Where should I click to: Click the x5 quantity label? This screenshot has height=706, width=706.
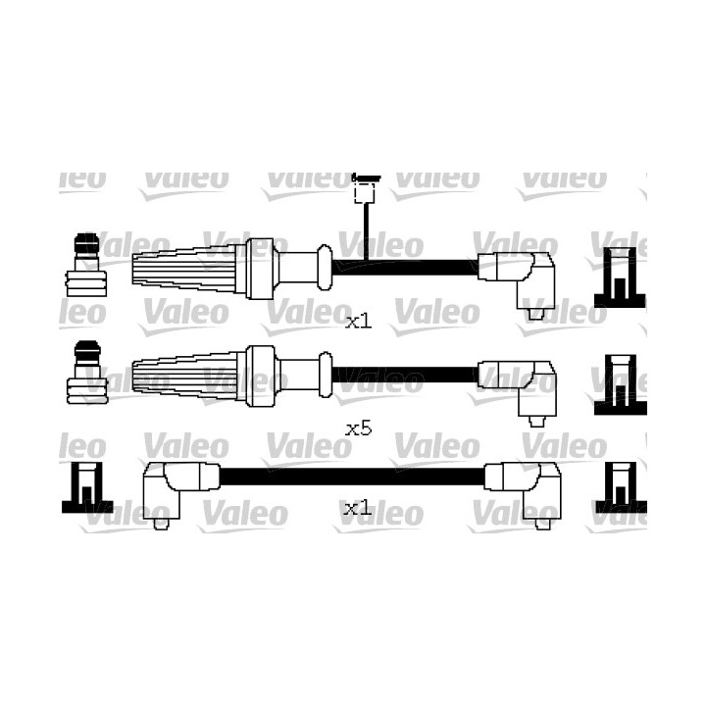(x=359, y=429)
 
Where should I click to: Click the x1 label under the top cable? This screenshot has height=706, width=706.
(x=359, y=322)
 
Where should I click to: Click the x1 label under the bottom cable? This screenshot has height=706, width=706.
(x=358, y=509)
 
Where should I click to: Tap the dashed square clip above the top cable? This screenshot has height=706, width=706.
(x=365, y=193)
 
